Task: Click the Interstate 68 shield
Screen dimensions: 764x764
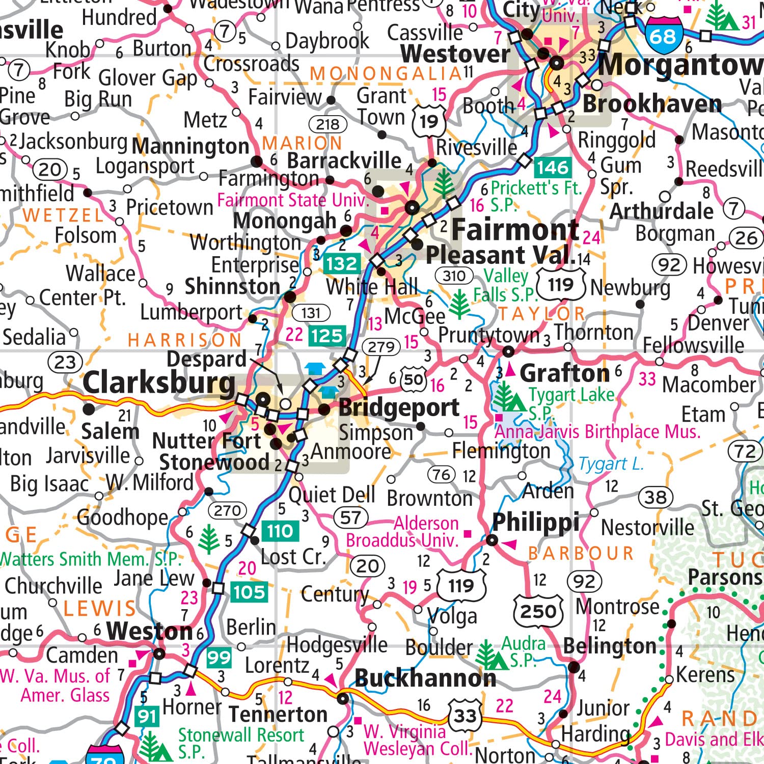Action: [x=663, y=35]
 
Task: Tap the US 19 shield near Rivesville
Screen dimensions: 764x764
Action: [x=429, y=121]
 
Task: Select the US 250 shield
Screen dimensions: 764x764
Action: [x=538, y=610]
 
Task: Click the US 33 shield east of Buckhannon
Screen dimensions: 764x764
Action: [x=465, y=716]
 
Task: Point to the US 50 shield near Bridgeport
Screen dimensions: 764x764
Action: [x=414, y=379]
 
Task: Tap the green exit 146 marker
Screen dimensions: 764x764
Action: [x=553, y=167]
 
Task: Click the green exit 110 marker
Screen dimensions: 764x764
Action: [x=280, y=531]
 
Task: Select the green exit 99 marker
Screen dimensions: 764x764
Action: [x=219, y=658]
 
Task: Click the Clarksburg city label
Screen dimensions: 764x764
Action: [x=159, y=383]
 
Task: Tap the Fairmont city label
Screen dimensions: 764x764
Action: [x=514, y=230]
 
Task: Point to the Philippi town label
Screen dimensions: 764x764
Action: [x=536, y=522]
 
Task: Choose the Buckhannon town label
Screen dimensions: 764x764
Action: [x=425, y=678]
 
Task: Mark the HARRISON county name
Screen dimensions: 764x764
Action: [x=185, y=340]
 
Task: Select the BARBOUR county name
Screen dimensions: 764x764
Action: [x=581, y=553]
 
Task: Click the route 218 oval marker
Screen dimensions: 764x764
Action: [x=328, y=124]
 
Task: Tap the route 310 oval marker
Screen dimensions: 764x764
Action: [x=454, y=276]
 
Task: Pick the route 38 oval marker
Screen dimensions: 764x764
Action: [x=656, y=497]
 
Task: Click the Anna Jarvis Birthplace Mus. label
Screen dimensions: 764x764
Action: [x=597, y=432]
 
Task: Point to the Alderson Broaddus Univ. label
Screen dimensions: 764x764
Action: [x=402, y=532]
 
